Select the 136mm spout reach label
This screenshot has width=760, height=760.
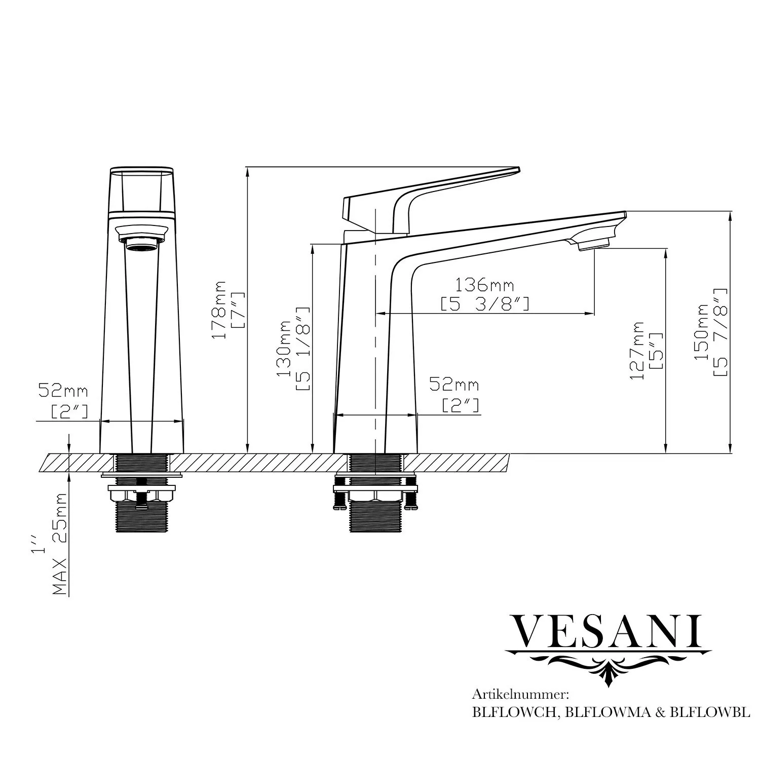coord(485,285)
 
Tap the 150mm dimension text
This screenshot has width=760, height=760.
coord(701,332)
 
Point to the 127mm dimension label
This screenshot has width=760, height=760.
coord(636,351)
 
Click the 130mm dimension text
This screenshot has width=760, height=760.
coord(283,349)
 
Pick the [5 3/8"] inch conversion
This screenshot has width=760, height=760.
coord(485,304)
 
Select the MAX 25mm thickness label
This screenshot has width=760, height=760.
coord(60,544)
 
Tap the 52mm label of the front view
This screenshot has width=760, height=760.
coord(63,391)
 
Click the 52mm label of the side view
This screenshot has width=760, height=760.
coord(454,385)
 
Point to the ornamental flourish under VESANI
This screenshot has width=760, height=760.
coord(608,666)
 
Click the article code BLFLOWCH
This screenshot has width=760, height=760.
coord(515,712)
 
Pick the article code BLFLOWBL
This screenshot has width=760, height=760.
coord(709,712)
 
